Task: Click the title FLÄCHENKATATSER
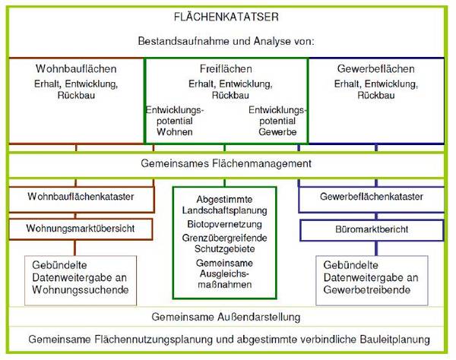tap(226, 17)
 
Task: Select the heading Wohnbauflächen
tap(76, 69)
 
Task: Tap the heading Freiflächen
tap(226, 69)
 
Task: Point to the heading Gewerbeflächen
tap(376, 69)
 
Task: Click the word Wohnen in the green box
tap(175, 132)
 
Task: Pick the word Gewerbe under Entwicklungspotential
tap(277, 132)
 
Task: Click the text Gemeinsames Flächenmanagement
tap(226, 163)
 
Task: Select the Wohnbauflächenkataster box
tap(81, 199)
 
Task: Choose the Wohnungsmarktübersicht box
tap(81, 229)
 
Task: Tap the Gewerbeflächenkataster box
tap(372, 199)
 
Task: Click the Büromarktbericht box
tap(372, 230)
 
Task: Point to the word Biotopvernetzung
tap(224, 224)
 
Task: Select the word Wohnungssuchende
tap(81, 289)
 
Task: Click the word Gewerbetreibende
tap(367, 289)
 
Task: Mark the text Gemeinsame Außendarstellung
tap(226, 317)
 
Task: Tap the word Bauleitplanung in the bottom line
tap(395, 339)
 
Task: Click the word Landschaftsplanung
tap(224, 210)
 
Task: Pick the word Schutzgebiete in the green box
tap(224, 249)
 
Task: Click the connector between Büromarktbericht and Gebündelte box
tap(377, 248)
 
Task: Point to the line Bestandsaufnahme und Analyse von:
tap(226, 41)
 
